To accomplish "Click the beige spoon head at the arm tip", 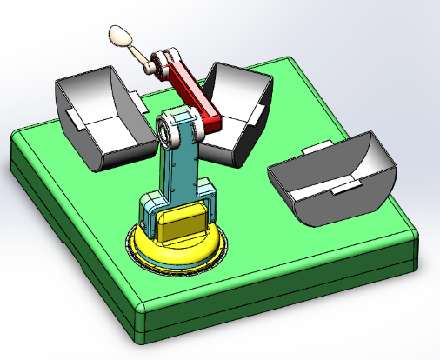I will pyautogui.click(x=120, y=36).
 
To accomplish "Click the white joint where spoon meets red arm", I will pyautogui.click(x=157, y=63).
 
